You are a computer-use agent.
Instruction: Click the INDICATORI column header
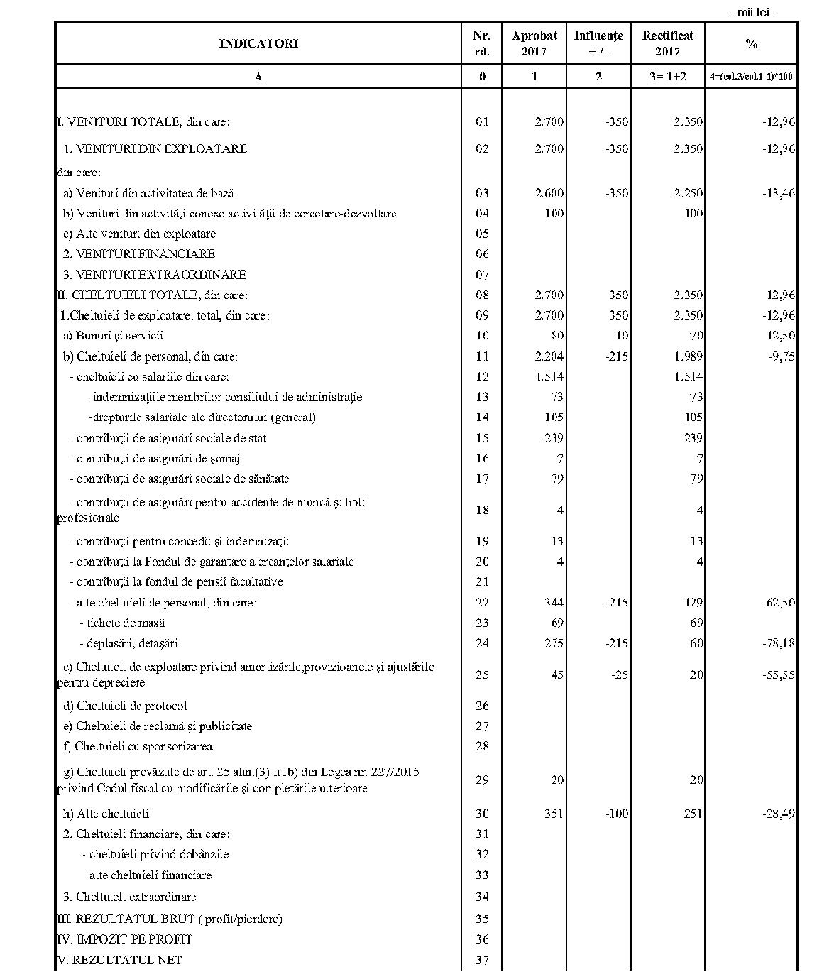pyautogui.click(x=258, y=43)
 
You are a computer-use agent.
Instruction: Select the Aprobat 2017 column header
pyautogui.click(x=534, y=43)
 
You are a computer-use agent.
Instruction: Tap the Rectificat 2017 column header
pyautogui.click(x=667, y=43)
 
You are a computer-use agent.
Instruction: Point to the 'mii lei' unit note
pyautogui.click(x=751, y=12)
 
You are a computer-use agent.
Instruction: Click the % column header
pyautogui.click(x=751, y=43)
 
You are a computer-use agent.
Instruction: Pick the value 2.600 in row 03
pyautogui.click(x=549, y=193)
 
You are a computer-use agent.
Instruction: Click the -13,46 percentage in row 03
pyautogui.click(x=779, y=193)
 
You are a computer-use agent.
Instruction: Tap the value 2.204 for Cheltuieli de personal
pyautogui.click(x=549, y=356)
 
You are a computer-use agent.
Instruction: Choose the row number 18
pyautogui.click(x=482, y=510)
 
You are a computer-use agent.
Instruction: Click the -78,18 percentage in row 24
pyautogui.click(x=779, y=643)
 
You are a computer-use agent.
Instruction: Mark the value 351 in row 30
pyautogui.click(x=553, y=814)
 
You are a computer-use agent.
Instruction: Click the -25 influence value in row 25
pyautogui.click(x=620, y=675)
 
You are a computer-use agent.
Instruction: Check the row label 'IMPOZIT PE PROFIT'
pyautogui.click(x=124, y=939)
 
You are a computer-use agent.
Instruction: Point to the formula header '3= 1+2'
pyautogui.click(x=667, y=76)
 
